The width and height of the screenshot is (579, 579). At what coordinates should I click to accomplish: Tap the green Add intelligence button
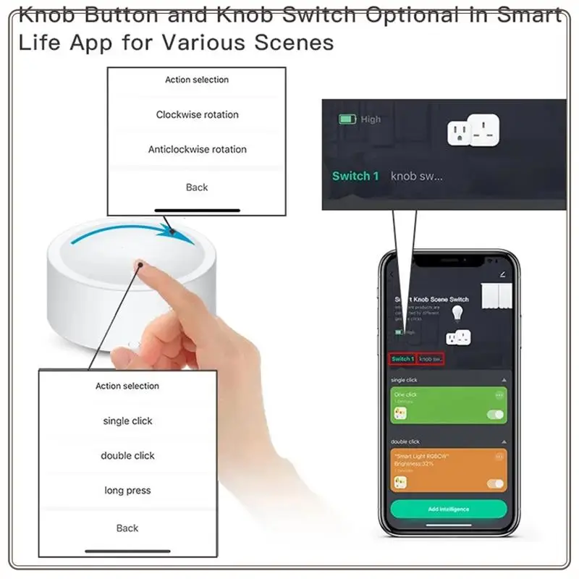click(x=448, y=509)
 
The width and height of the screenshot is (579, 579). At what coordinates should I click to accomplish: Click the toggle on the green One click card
click(x=496, y=415)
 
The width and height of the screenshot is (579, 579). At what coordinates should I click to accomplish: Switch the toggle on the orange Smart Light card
click(x=496, y=483)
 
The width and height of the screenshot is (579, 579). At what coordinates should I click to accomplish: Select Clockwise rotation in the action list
click(x=197, y=114)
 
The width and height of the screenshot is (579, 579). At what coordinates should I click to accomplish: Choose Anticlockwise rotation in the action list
click(x=197, y=149)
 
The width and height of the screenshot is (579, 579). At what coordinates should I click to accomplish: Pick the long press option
click(x=127, y=490)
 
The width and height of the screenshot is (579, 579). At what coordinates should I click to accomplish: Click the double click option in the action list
click(x=127, y=455)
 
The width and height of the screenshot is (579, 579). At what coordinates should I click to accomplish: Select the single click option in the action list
click(x=127, y=420)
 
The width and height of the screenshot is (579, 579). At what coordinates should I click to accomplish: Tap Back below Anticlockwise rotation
click(x=197, y=187)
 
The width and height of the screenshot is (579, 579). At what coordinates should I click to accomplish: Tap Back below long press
click(x=127, y=528)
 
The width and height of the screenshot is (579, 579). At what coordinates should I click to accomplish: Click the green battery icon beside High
click(x=347, y=119)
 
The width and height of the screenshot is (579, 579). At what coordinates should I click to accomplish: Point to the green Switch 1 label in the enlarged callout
click(x=355, y=176)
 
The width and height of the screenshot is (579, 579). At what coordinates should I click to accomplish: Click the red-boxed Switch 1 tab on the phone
click(x=402, y=359)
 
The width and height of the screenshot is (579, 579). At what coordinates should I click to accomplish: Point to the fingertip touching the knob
click(x=139, y=268)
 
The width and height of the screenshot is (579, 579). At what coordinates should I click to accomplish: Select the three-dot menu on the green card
click(x=499, y=395)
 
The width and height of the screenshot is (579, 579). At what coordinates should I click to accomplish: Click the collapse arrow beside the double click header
click(x=504, y=441)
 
